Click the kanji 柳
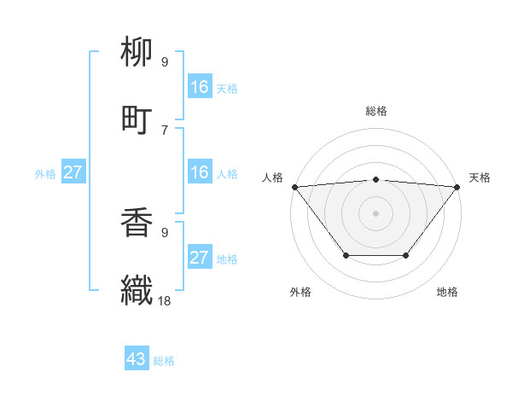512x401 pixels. point(137,54)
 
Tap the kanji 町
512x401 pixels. point(137,119)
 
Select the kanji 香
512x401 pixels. point(137,224)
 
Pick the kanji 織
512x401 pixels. point(137,289)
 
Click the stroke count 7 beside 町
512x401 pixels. point(165,130)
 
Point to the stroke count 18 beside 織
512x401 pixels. point(166,300)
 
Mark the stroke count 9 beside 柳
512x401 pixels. point(165,62)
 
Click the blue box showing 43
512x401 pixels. point(137,359)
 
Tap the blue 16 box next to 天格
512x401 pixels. point(200,87)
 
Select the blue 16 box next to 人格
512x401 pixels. point(200,172)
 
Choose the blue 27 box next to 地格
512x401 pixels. point(200,258)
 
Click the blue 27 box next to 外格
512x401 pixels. point(73,172)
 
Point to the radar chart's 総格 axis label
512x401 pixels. point(376,111)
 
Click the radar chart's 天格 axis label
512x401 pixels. point(480,177)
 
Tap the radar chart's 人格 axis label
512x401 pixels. point(272,177)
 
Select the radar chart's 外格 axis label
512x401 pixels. point(300,292)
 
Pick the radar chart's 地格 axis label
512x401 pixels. point(447,292)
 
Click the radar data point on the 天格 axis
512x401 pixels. point(457,186)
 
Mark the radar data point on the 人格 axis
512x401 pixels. point(294,186)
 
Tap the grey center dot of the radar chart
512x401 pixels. point(376,212)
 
